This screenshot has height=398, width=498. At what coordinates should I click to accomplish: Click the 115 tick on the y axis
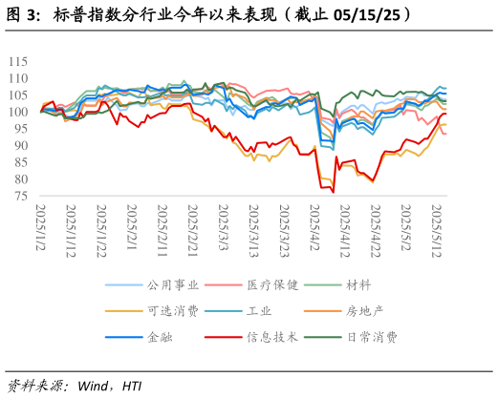(19, 61)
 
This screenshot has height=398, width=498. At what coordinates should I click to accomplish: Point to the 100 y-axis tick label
(19, 112)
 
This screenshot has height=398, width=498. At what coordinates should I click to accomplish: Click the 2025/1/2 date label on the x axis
(41, 225)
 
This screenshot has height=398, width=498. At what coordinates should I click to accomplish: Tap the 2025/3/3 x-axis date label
(223, 225)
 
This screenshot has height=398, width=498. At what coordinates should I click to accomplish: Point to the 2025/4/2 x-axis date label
(314, 225)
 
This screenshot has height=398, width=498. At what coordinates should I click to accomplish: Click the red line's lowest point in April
(334, 192)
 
